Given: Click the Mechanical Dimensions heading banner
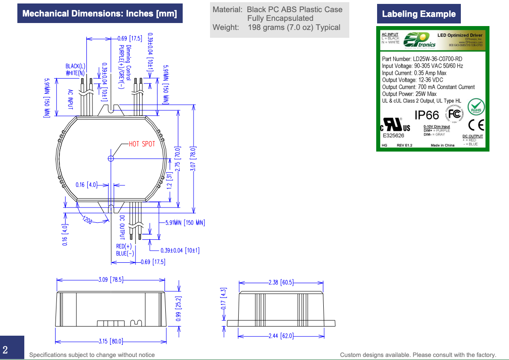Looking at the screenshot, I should coord(99,13).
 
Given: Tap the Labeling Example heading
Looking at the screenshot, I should coord(419,14).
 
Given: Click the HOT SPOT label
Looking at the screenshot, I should coord(142,144).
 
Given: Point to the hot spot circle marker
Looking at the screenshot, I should coord(111,159).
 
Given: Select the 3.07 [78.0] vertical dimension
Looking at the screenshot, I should coord(194,159).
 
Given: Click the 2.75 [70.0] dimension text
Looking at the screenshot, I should coord(177,158).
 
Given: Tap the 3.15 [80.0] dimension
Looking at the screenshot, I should coord(110,341).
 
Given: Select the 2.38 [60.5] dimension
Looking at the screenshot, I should coord(281,282).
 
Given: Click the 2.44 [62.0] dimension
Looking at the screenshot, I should coord(281,336).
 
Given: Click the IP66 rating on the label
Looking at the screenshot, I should coord(427,115).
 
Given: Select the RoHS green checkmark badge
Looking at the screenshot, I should coord(476,106).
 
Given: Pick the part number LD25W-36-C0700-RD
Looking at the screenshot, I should coord(422,59).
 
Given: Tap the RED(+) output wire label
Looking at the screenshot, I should coord(124,247).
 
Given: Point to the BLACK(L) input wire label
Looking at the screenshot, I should coord(76,66).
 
